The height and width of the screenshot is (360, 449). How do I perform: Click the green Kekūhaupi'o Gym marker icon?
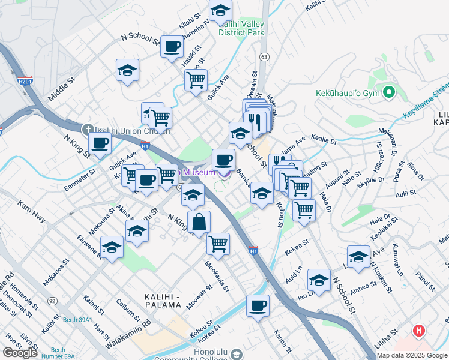(389, 93)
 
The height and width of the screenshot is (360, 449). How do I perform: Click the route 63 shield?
(264, 56)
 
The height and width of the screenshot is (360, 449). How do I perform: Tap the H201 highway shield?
(25, 80)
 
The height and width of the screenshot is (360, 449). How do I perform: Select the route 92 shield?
(53, 301)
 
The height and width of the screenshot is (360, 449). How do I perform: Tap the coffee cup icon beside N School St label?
(172, 47)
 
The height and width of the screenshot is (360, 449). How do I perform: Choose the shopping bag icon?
(199, 222)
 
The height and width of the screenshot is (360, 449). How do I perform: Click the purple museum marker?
(224, 173)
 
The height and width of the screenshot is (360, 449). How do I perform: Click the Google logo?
(20, 353)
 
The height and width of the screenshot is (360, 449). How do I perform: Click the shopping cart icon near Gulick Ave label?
(196, 80)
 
